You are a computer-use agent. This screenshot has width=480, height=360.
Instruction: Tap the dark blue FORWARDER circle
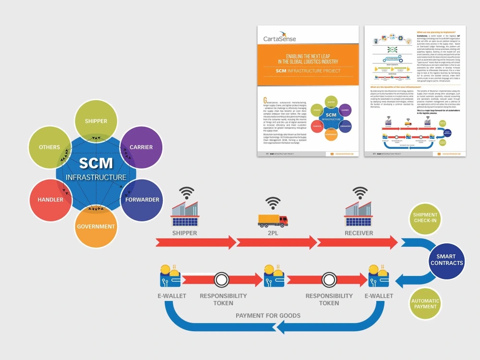pyautogui.click(x=142, y=200)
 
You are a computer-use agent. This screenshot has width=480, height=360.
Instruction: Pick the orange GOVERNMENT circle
pyautogui.click(x=96, y=226)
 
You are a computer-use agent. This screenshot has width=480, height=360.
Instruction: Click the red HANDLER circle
pyautogui.click(x=50, y=200)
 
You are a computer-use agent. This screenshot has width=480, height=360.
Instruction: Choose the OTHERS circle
pyautogui.click(x=50, y=147)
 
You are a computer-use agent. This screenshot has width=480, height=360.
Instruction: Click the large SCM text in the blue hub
pyautogui.click(x=96, y=164)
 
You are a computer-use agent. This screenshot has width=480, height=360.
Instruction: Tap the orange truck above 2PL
pyautogui.click(x=273, y=220)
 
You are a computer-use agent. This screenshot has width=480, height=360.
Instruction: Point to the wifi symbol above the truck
pyautogui.click(x=273, y=202)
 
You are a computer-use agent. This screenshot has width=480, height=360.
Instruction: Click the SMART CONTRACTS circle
pyautogui.click(x=446, y=260)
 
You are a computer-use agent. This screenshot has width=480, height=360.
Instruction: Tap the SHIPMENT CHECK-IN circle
pyautogui.click(x=425, y=217)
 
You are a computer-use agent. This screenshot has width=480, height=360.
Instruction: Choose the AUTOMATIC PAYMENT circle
pyautogui.click(x=425, y=303)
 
